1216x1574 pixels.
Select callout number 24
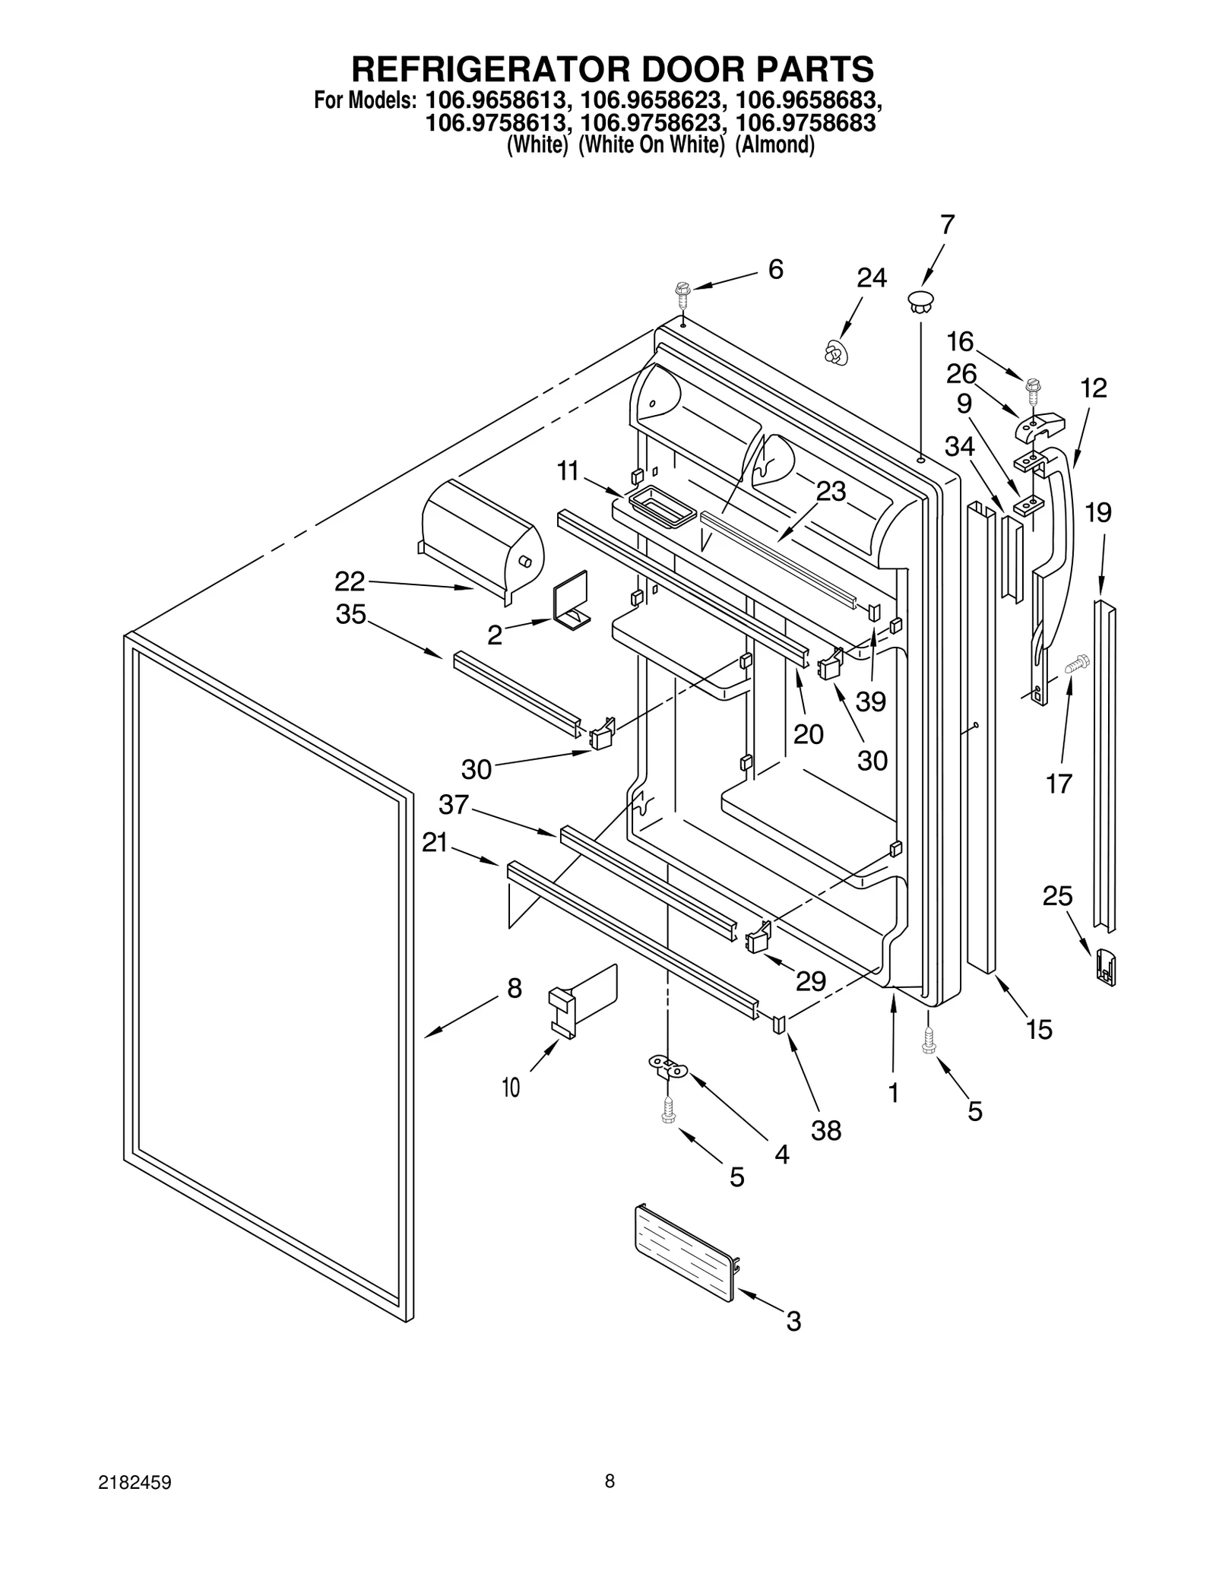point(871,278)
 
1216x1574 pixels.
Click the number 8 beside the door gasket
point(515,988)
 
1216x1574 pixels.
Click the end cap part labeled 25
point(1105,968)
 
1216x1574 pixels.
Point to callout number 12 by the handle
point(1094,388)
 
